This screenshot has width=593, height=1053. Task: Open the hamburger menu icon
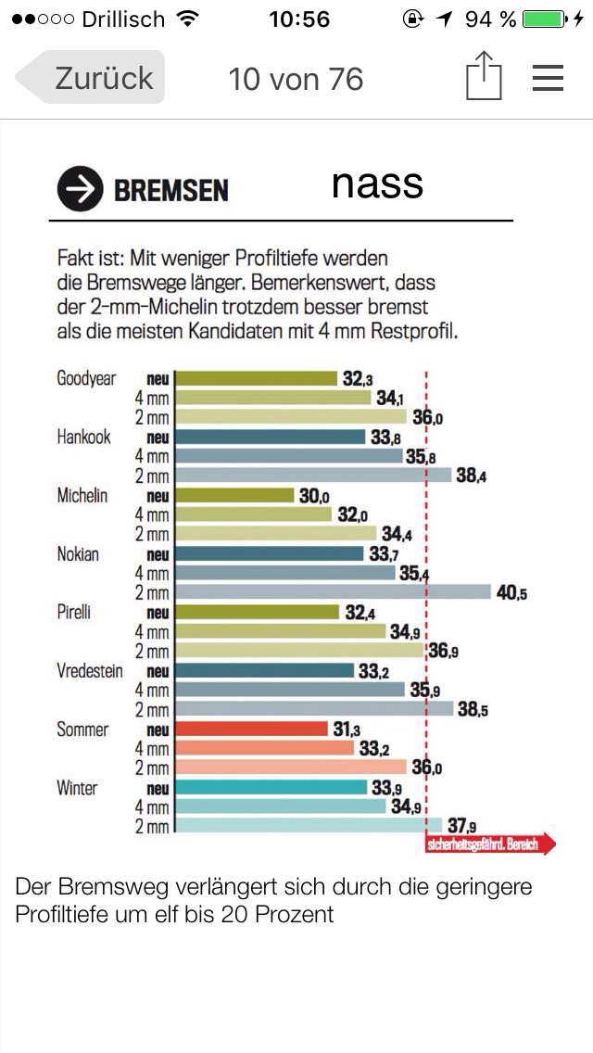point(548,78)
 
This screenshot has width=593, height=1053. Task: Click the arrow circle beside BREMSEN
point(79,190)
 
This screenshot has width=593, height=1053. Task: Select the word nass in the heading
point(377,184)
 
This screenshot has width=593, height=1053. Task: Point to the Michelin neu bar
point(234,496)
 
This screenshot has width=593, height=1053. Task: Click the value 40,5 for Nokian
point(511,593)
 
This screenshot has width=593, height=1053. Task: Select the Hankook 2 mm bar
point(313,476)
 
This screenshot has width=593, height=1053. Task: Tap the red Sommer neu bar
point(251,729)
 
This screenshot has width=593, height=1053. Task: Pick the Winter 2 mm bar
point(309,825)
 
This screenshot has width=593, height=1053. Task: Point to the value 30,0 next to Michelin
point(314,496)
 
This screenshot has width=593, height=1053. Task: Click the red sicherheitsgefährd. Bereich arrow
point(491,844)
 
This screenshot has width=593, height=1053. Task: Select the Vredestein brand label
point(90,671)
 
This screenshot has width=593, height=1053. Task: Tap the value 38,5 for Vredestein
point(473,710)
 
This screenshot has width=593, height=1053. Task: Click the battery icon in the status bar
point(543,19)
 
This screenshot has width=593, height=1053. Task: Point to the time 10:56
point(298,19)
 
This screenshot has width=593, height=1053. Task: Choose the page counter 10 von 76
point(296,79)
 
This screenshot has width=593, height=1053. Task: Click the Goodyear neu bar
point(256,378)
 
